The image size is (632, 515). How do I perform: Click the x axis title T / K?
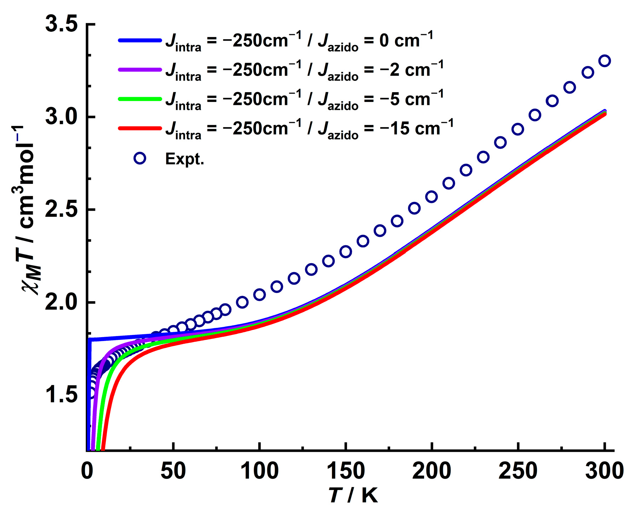point(353,495)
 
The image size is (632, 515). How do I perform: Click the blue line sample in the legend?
point(140,40)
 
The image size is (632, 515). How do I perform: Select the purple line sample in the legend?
point(140,70)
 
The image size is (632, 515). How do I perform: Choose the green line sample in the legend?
point(140,99)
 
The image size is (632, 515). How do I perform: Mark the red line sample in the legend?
point(140,128)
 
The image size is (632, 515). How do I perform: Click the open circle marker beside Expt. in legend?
point(140,158)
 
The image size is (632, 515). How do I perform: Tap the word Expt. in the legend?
point(184,159)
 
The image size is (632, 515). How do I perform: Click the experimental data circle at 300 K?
point(605,61)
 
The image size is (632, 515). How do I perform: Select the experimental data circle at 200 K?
point(431,197)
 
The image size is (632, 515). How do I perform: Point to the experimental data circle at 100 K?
point(259,294)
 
